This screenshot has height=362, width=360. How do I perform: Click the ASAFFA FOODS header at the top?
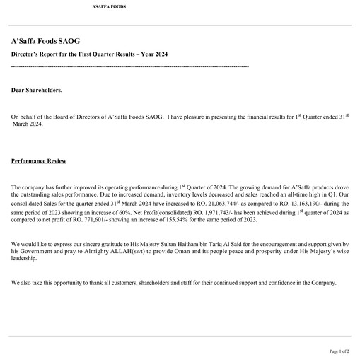[x=110, y=6]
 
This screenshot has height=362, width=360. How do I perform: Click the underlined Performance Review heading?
[x=39, y=161]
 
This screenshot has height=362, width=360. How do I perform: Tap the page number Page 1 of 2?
[x=339, y=351]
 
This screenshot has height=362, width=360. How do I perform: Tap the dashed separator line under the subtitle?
[x=130, y=66]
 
